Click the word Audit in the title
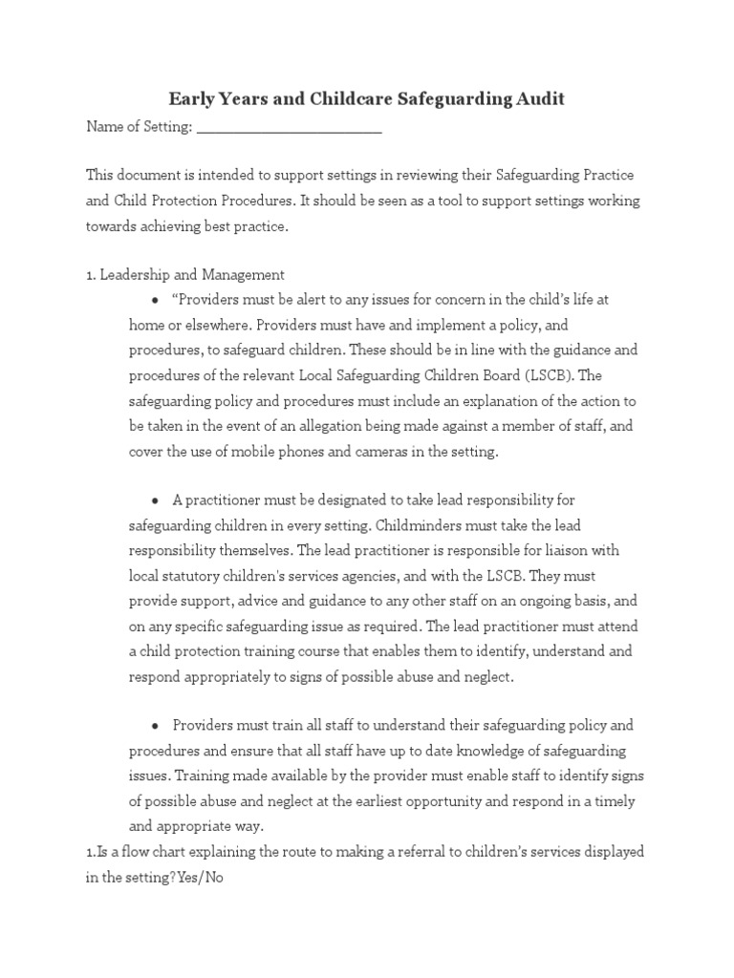[537, 98]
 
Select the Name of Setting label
[140, 127]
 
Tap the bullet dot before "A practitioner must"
[155, 500]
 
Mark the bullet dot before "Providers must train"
[155, 726]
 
